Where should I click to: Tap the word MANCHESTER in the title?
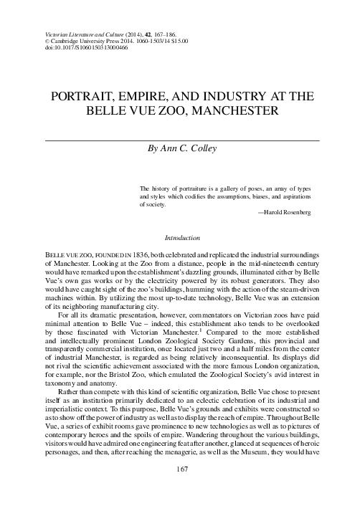242,112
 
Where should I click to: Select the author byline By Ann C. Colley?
181,150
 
